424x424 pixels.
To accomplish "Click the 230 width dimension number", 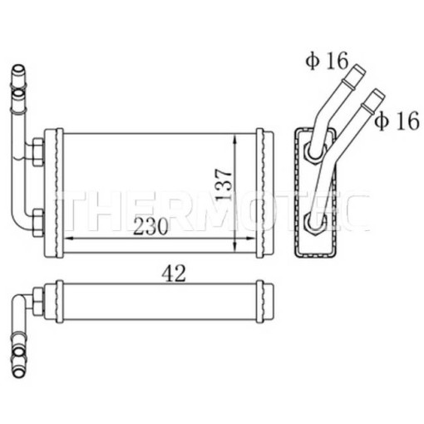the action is click(150, 226).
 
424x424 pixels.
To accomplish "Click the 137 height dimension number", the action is click(224, 184).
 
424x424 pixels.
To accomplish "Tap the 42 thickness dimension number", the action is click(174, 274).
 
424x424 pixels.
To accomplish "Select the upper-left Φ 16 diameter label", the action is click(327, 61).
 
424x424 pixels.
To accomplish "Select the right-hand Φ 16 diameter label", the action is click(397, 121).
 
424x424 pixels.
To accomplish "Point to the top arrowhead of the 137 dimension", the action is click(235, 141).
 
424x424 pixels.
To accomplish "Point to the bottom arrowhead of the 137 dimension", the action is click(235, 246).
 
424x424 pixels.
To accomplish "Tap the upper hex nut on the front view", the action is click(38, 152).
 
